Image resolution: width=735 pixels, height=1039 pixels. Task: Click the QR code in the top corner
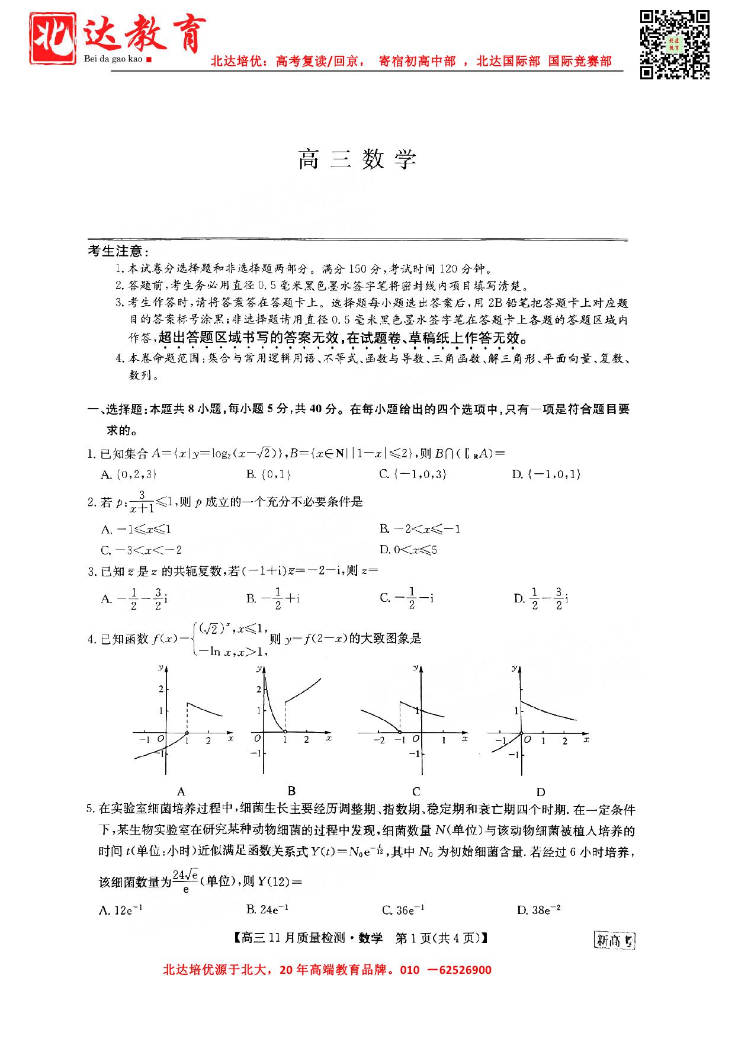coord(675,44)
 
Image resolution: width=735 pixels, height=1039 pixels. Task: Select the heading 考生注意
coord(118,251)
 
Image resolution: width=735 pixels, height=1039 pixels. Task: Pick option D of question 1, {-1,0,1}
coord(546,474)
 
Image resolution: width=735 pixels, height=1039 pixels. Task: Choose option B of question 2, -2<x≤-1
coord(420,529)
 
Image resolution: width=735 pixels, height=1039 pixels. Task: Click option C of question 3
coord(407,598)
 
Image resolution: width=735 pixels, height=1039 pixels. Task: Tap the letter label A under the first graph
coord(181,791)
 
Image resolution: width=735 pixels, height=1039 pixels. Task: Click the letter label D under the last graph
coord(541,791)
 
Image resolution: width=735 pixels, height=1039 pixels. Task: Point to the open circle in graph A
coord(187,733)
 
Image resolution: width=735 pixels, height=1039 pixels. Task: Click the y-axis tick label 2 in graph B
coord(258,690)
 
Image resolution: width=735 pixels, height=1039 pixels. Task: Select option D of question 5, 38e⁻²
coord(539,910)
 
